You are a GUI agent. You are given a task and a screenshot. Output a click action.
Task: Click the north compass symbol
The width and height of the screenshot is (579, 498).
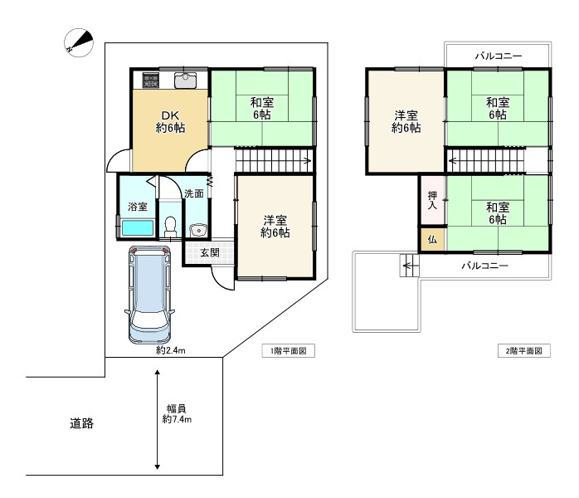tap(79, 42)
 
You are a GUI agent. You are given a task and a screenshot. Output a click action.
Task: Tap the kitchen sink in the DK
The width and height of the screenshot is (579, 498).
tap(185, 81)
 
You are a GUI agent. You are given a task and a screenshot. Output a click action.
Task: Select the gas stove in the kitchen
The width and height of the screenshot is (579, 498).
tap(151, 81)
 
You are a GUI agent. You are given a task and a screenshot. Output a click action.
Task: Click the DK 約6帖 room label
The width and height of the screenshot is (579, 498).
tap(170, 121)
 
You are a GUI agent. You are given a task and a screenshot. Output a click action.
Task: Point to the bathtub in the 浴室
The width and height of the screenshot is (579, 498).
tap(138, 228)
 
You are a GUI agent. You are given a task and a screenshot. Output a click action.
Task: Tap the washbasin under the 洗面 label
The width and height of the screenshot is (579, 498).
tap(198, 231)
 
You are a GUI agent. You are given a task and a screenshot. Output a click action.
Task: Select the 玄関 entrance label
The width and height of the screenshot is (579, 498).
tap(209, 252)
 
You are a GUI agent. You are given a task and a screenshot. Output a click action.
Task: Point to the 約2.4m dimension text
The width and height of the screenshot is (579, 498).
tap(171, 350)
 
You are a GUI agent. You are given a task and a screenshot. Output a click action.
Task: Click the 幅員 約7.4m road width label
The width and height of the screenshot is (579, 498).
tap(177, 414)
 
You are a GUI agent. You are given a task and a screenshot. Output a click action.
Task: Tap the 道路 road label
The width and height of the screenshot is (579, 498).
tap(81, 423)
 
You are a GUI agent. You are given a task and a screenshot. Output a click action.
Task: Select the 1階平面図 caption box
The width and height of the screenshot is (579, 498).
tap(289, 350)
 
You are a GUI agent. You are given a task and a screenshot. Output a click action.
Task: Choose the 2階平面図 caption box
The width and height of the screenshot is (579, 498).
tap(523, 350)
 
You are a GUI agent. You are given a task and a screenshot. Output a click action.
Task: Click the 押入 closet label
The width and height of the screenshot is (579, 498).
tap(432, 200)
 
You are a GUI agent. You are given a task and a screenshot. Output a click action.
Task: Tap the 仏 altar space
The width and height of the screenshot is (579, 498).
tap(432, 240)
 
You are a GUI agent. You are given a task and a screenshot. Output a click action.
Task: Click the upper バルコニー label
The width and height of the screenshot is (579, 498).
tap(499, 56)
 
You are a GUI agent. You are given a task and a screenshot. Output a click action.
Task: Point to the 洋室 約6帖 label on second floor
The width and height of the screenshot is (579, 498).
tap(406, 121)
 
